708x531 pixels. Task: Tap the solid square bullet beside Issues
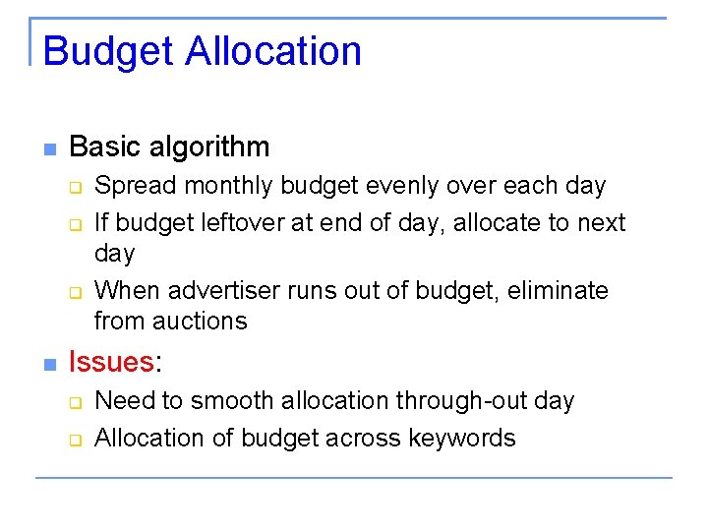tap(49, 365)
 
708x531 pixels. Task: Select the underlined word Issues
tap(111, 362)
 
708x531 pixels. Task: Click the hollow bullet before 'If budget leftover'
tap(73, 225)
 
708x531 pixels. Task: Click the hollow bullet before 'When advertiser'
tap(73, 293)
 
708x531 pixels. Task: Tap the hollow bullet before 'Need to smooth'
tap(73, 403)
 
